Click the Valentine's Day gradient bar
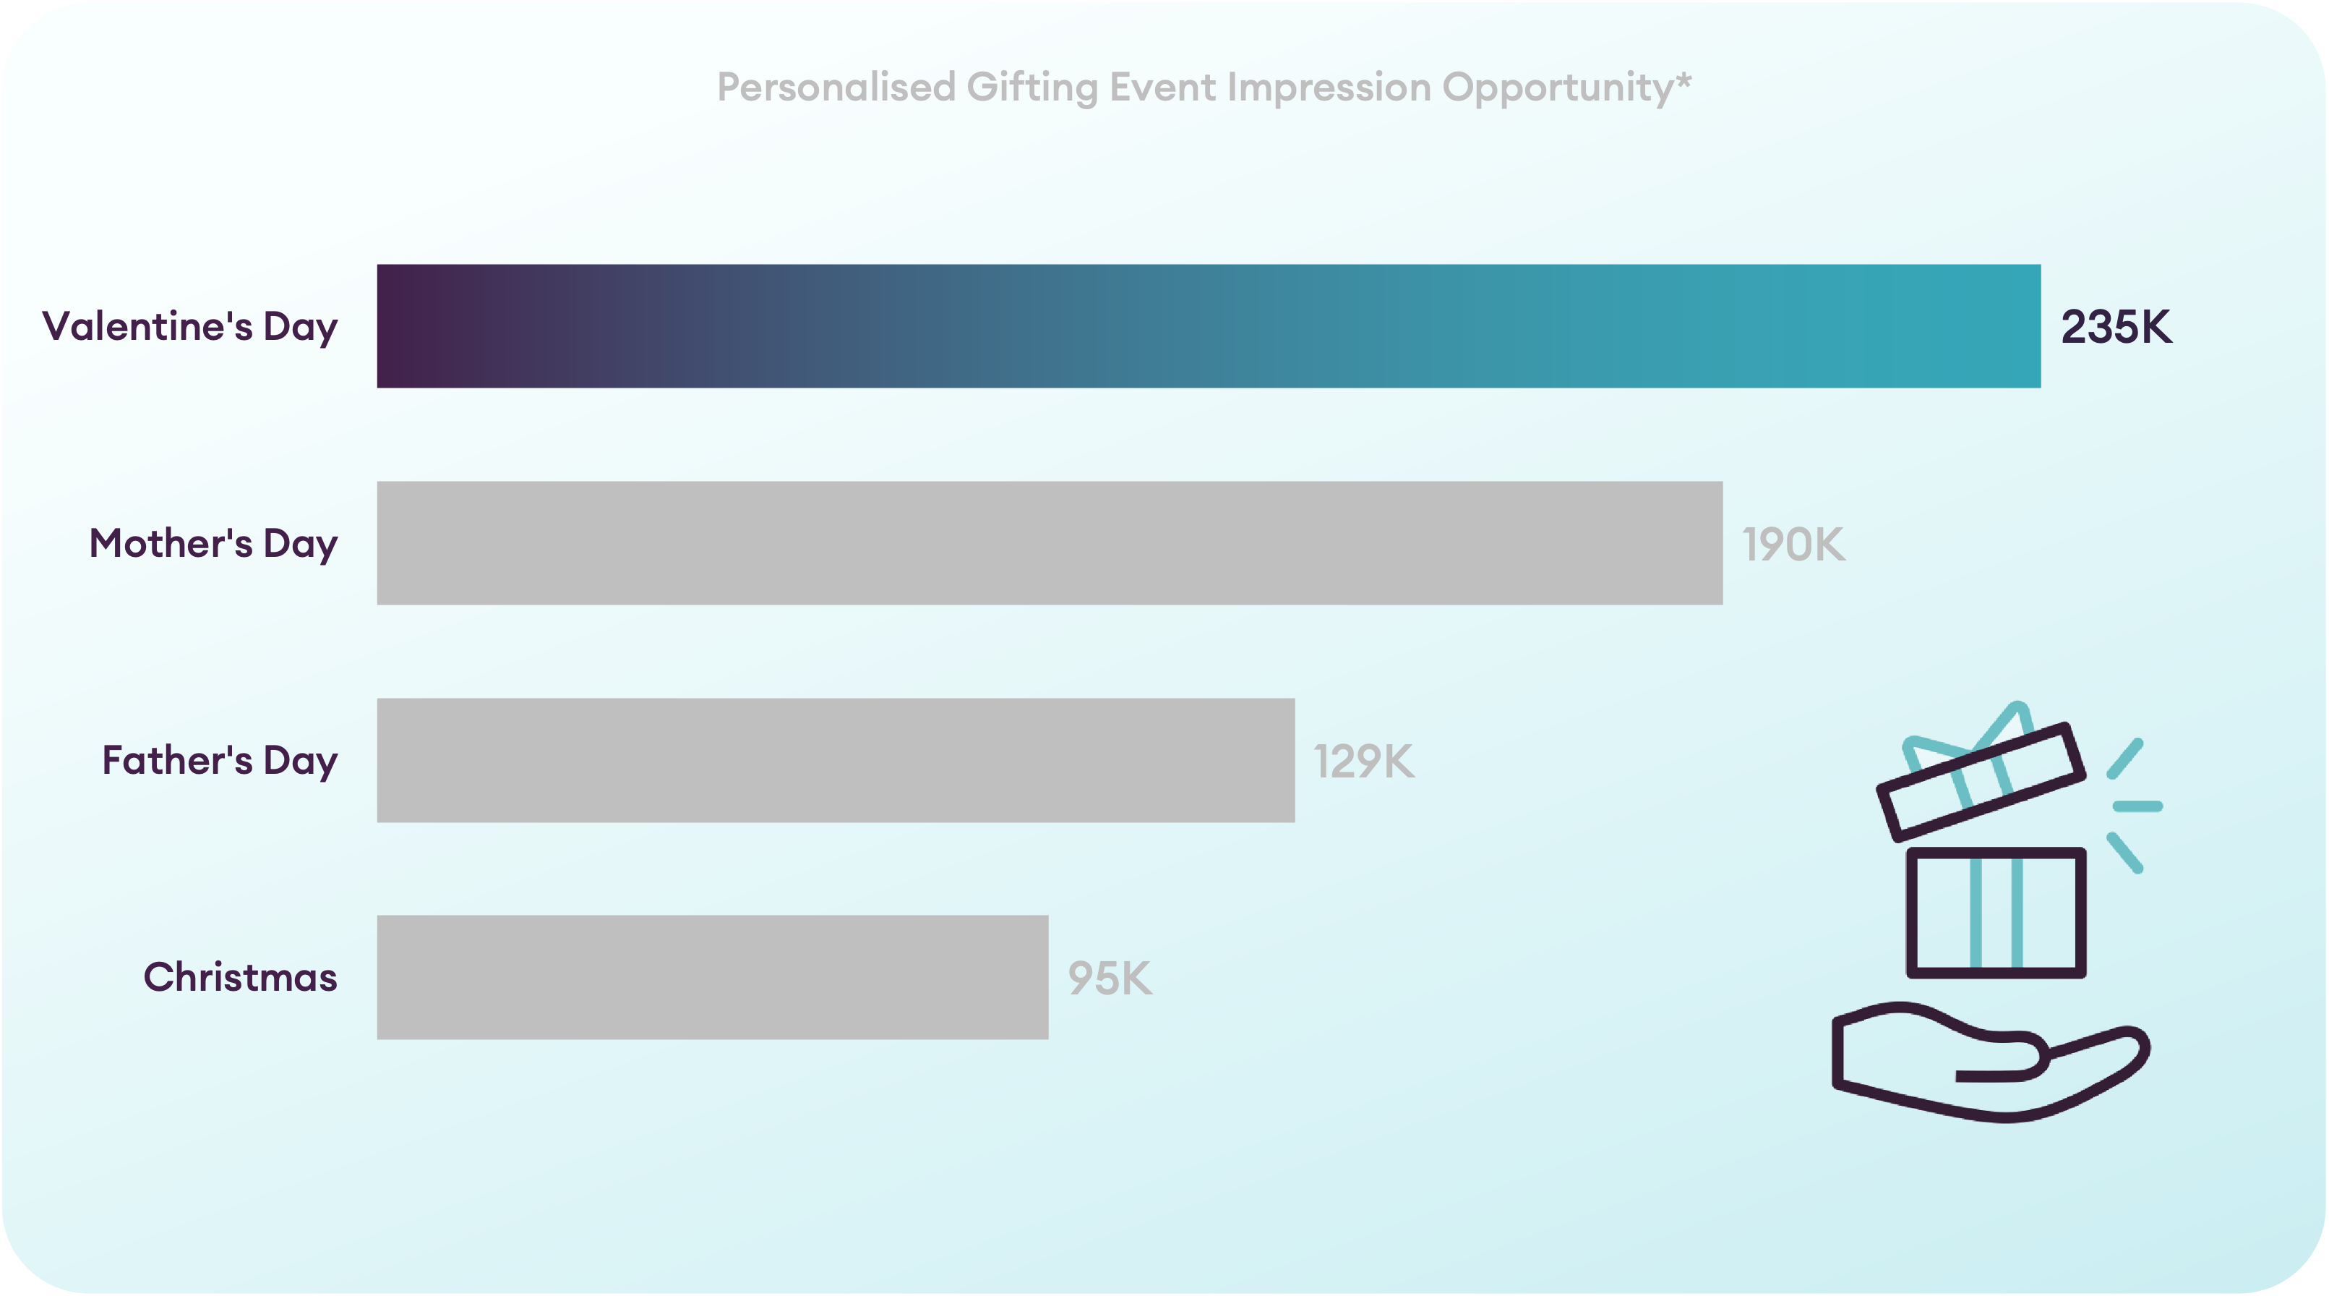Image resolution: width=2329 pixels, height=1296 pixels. pyautogui.click(x=1209, y=325)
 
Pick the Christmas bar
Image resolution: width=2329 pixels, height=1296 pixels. pyautogui.click(x=713, y=977)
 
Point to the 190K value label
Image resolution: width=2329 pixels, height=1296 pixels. pyautogui.click(x=1794, y=545)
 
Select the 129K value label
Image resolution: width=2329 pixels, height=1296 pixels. pyautogui.click(x=1363, y=762)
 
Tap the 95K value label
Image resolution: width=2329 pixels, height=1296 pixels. pyautogui.click(x=1110, y=979)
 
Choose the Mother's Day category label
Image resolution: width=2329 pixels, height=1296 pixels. pyautogui.click(x=213, y=545)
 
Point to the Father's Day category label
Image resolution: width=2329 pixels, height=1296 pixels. pyautogui.click(x=220, y=762)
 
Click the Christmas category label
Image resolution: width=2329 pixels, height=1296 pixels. pyautogui.click(x=241, y=977)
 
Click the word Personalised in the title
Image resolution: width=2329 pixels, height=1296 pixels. pyautogui.click(x=836, y=87)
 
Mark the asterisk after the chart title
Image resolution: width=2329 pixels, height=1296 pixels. pyautogui.click(x=1684, y=80)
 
